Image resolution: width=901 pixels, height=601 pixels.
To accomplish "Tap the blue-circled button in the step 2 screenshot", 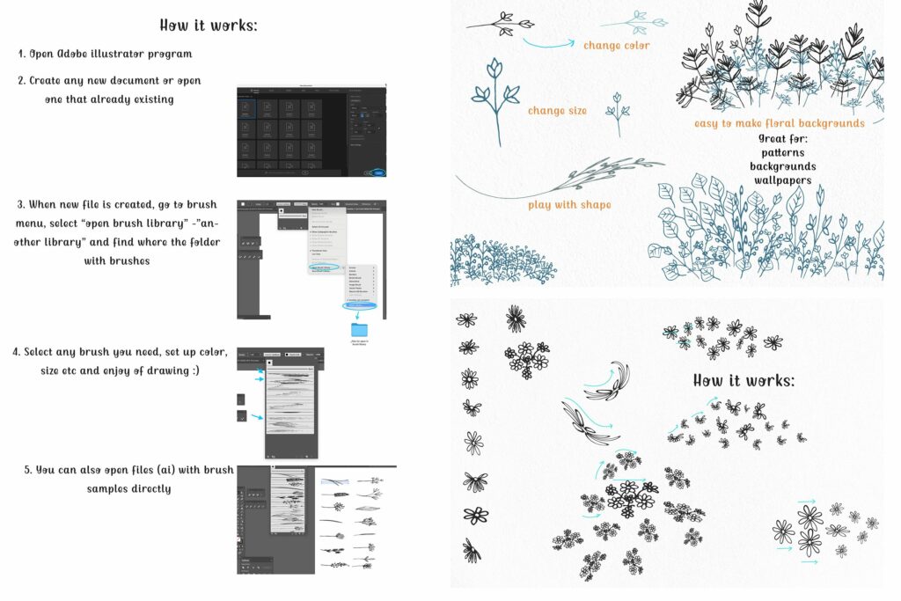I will (378, 172).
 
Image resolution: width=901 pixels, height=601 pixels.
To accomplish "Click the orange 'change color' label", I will (617, 45).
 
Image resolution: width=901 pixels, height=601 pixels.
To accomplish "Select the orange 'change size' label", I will (557, 111).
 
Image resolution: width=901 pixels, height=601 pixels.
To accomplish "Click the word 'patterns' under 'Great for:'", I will (782, 152).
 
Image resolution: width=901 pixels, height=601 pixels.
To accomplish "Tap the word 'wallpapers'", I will (782, 180).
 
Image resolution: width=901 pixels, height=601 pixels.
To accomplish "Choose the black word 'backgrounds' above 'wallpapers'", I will (782, 166).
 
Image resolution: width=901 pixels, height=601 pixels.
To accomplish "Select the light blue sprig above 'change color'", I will (647, 21).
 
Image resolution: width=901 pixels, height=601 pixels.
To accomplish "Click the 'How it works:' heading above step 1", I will (208, 25).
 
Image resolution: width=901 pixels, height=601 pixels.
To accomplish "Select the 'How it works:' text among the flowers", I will (744, 381).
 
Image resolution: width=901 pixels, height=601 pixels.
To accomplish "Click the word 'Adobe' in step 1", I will (75, 54).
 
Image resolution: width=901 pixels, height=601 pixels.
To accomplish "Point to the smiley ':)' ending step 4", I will (194, 370).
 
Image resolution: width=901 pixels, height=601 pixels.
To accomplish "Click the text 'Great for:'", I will (782, 138).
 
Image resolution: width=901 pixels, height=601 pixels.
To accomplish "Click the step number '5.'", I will (29, 470).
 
